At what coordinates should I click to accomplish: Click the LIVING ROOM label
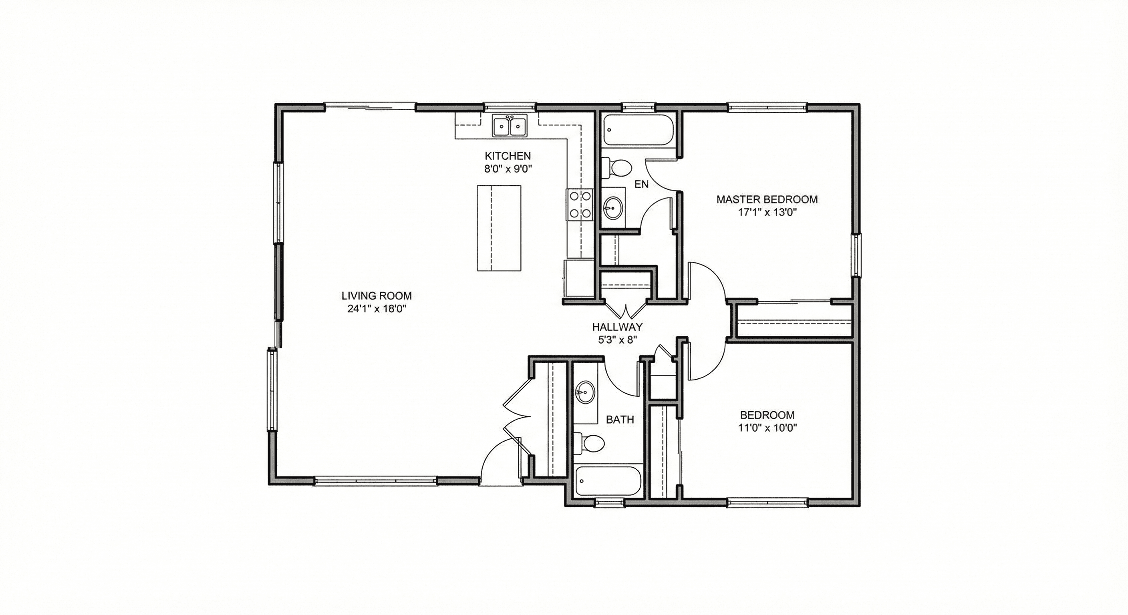tap(377, 296)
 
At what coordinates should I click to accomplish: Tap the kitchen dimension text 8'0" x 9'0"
tap(508, 169)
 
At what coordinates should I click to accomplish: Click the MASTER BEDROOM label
tap(767, 200)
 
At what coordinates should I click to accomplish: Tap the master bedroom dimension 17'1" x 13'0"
tap(767, 213)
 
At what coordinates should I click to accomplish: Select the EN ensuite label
tap(641, 184)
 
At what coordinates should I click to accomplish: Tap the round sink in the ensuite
tap(613, 208)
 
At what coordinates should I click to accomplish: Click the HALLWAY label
tap(617, 327)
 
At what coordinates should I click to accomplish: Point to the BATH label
tap(620, 420)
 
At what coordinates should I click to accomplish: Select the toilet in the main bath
tap(589, 443)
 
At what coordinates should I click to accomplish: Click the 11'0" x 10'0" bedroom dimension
tap(767, 428)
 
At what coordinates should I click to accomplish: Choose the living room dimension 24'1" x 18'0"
tap(377, 309)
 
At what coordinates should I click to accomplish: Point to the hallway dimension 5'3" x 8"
tap(617, 340)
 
